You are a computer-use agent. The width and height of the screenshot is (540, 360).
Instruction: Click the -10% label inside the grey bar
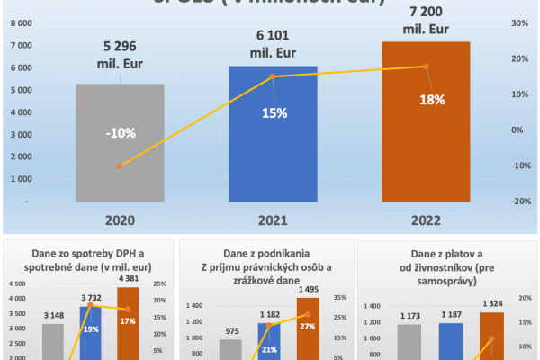click(x=120, y=133)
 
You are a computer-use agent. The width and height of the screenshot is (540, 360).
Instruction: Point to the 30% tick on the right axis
click(x=518, y=22)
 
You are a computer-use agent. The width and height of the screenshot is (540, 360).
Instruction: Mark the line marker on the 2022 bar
click(x=427, y=67)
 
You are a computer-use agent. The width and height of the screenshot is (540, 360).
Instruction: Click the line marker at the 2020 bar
click(x=120, y=166)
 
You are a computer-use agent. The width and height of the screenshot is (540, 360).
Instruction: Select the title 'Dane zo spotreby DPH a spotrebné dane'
click(x=90, y=262)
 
